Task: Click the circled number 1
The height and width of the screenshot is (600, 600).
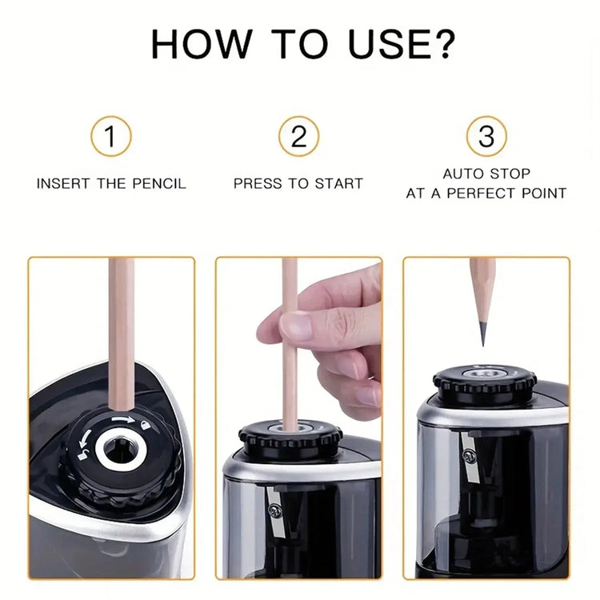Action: [x=110, y=136]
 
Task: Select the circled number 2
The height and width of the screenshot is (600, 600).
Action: [x=298, y=136]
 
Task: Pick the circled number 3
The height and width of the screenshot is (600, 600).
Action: [x=486, y=136]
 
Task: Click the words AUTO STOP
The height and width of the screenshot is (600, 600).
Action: [x=486, y=174]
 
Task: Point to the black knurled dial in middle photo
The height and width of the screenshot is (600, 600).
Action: [x=290, y=438]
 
